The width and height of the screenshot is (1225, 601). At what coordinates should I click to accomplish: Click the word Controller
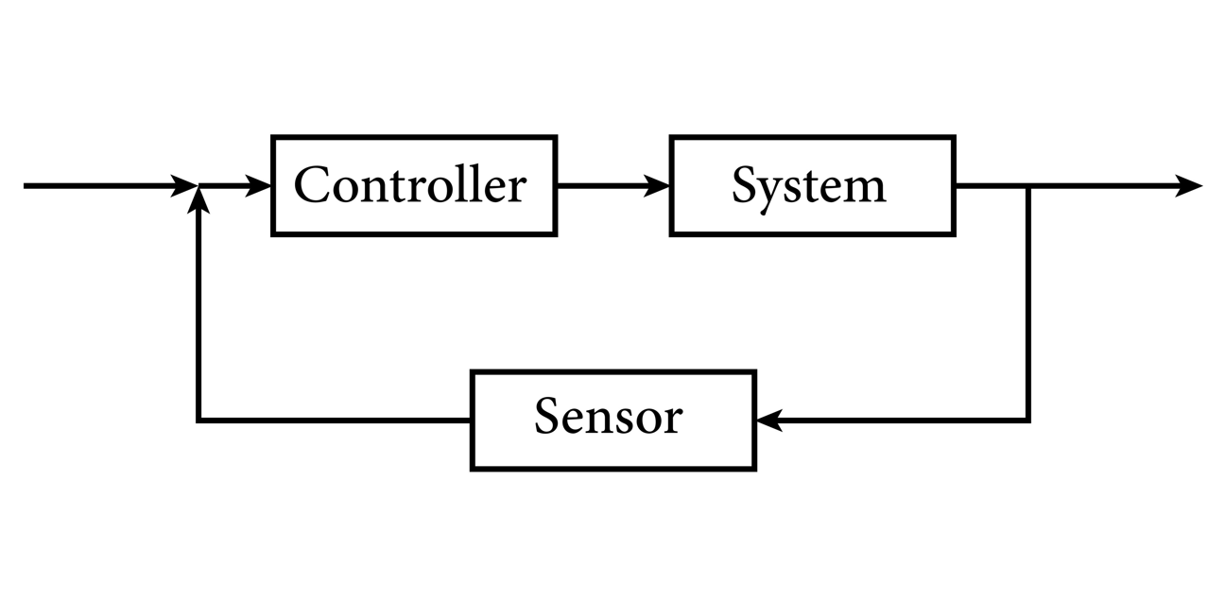(x=409, y=185)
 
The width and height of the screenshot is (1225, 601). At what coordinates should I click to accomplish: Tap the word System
(x=809, y=185)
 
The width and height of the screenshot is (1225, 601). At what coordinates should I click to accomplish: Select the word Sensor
(x=608, y=417)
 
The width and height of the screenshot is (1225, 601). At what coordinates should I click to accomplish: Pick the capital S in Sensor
(x=546, y=416)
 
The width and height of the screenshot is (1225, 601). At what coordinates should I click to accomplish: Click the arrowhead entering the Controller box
(x=260, y=186)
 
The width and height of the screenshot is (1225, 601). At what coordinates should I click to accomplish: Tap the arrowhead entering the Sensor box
(x=768, y=421)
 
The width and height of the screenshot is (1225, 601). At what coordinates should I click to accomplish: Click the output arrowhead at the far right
(x=1189, y=186)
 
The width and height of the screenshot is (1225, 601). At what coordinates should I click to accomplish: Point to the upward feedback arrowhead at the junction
(x=198, y=199)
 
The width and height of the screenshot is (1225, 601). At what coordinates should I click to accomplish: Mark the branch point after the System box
(x=1028, y=186)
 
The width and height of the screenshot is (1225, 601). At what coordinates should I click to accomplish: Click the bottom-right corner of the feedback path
(x=1028, y=421)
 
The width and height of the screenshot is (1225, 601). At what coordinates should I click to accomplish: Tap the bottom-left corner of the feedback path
(x=198, y=421)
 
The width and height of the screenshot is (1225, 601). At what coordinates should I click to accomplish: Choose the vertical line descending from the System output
(x=1028, y=302)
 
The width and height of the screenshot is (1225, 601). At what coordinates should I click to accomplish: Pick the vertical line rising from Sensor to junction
(x=198, y=312)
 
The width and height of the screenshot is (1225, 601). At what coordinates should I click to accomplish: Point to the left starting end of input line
(x=26, y=186)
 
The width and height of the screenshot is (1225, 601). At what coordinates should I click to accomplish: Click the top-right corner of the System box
(x=954, y=138)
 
